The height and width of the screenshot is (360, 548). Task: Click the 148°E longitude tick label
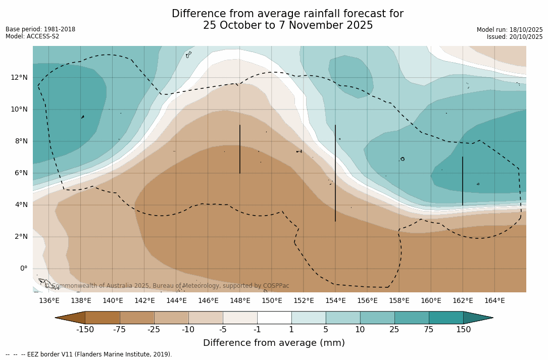click(240, 301)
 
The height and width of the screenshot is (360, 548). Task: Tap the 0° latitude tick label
click(24, 269)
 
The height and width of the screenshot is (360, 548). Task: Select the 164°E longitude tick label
click(494, 301)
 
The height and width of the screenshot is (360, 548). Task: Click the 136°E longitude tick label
click(49, 301)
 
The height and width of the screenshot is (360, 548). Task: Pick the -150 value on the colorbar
click(85, 330)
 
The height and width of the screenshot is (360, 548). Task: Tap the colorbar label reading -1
click(257, 330)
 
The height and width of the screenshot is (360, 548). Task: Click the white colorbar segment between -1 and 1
click(274, 318)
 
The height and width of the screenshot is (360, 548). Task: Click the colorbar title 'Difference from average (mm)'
click(274, 343)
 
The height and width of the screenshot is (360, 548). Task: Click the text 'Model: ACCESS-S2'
click(32, 36)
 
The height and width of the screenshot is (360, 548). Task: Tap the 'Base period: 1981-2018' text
click(40, 29)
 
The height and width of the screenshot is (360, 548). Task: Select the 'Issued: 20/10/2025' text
click(515, 37)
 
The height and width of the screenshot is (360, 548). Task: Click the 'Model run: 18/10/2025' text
click(510, 30)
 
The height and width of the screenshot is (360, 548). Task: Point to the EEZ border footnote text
click(89, 354)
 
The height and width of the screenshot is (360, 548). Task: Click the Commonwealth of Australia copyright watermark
click(167, 286)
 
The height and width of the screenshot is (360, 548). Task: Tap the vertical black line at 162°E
click(462, 181)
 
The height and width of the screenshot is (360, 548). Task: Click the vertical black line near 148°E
click(239, 149)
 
